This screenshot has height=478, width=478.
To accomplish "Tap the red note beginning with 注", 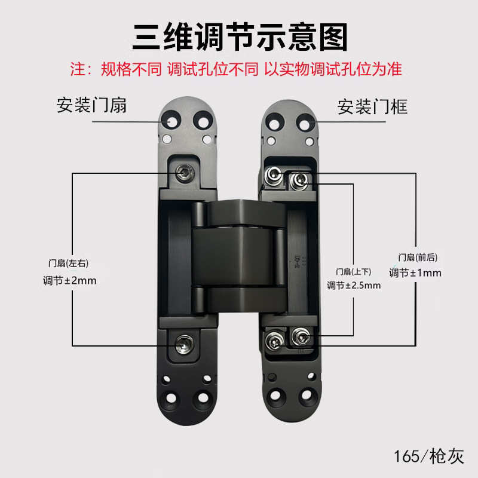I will click(x=239, y=69).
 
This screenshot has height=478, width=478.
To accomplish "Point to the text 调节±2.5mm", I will click(x=354, y=285).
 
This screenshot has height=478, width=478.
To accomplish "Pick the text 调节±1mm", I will click(x=415, y=273).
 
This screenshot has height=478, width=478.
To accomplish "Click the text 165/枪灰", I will click(x=428, y=456).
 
